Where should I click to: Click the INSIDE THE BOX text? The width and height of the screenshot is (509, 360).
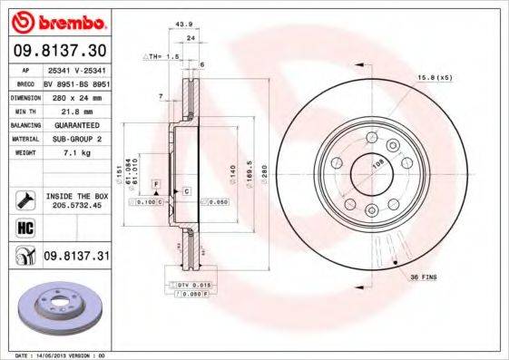(x=76, y=195)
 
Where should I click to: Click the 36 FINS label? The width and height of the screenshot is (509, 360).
(x=423, y=276)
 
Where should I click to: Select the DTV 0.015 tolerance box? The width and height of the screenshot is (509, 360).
(x=186, y=285)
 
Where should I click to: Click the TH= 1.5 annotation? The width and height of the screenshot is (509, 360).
(x=162, y=55)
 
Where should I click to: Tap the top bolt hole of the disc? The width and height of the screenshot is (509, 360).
(x=370, y=138)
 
